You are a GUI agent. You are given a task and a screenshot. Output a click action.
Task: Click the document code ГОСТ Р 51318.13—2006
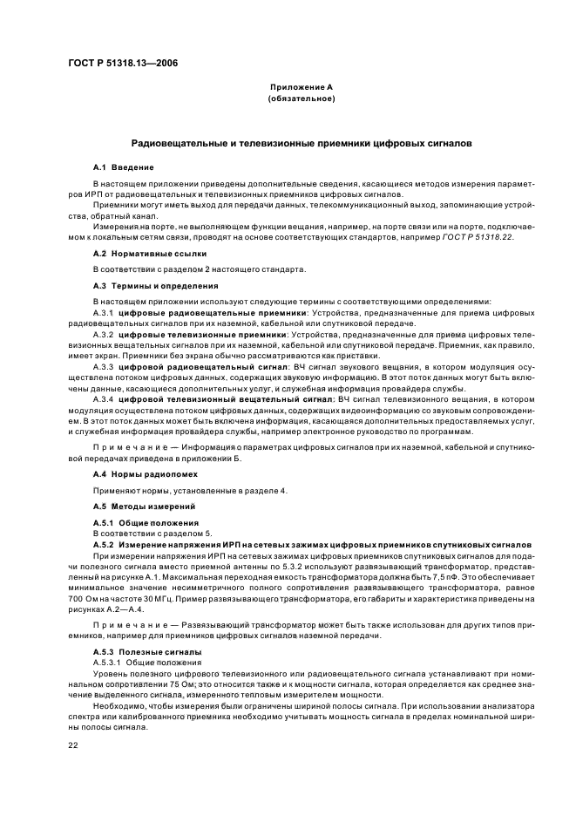(x=121, y=62)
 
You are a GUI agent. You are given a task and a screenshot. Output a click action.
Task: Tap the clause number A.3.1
(x=103, y=311)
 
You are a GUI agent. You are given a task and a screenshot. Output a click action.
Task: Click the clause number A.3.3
(x=103, y=367)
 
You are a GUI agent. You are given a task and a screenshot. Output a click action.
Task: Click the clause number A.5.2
(x=103, y=544)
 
